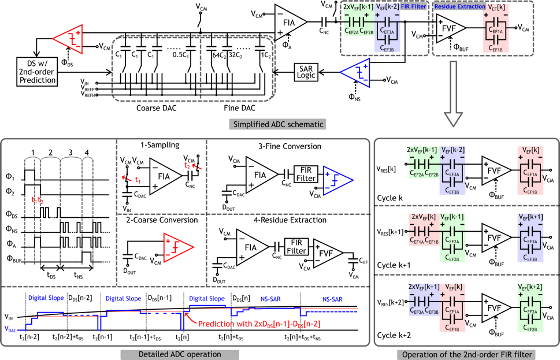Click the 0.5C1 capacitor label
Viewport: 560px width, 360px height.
click(180, 55)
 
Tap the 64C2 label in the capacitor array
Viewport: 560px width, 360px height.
click(219, 55)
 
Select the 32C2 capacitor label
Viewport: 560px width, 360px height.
click(235, 55)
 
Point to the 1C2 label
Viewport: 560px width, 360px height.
click(266, 55)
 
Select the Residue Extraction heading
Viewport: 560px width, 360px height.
click(459, 7)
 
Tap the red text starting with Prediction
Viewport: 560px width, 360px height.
click(259, 324)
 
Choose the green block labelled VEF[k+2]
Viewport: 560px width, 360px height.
click(530, 307)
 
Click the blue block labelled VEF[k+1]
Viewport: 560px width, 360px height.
click(530, 237)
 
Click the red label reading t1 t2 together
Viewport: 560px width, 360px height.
click(38, 201)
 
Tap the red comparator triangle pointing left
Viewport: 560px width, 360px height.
click(69, 39)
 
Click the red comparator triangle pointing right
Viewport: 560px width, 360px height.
click(177, 247)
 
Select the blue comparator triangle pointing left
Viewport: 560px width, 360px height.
click(356, 73)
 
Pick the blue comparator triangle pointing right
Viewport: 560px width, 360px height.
click(336, 180)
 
